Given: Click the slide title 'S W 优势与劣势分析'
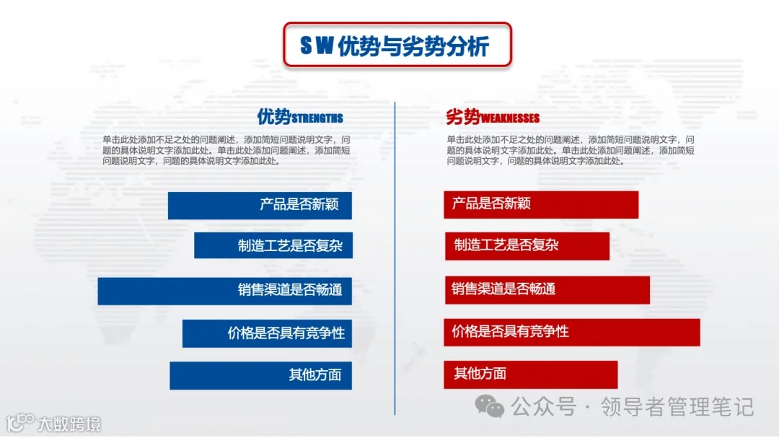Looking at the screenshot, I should (396, 45).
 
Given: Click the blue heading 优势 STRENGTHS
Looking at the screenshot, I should (300, 117).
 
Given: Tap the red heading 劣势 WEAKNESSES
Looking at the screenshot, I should (493, 117).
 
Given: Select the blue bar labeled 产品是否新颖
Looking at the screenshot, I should (260, 205).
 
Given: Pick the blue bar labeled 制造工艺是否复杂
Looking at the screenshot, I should (273, 245).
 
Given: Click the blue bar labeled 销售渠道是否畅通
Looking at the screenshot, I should (224, 290).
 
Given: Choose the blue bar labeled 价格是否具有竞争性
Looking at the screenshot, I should (267, 333).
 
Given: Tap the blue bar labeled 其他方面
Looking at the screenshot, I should (260, 375).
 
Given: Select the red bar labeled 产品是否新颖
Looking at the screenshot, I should (541, 204).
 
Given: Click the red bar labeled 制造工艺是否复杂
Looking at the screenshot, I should (527, 246).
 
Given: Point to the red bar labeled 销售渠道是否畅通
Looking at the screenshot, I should (547, 289).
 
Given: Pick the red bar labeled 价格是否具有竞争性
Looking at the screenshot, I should (572, 332).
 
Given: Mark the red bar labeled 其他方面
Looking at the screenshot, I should (531, 375).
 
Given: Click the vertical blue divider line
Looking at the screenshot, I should (395, 260).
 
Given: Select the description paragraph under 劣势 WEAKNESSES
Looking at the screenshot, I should (571, 150).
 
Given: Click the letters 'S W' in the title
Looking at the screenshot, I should (317, 46).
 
